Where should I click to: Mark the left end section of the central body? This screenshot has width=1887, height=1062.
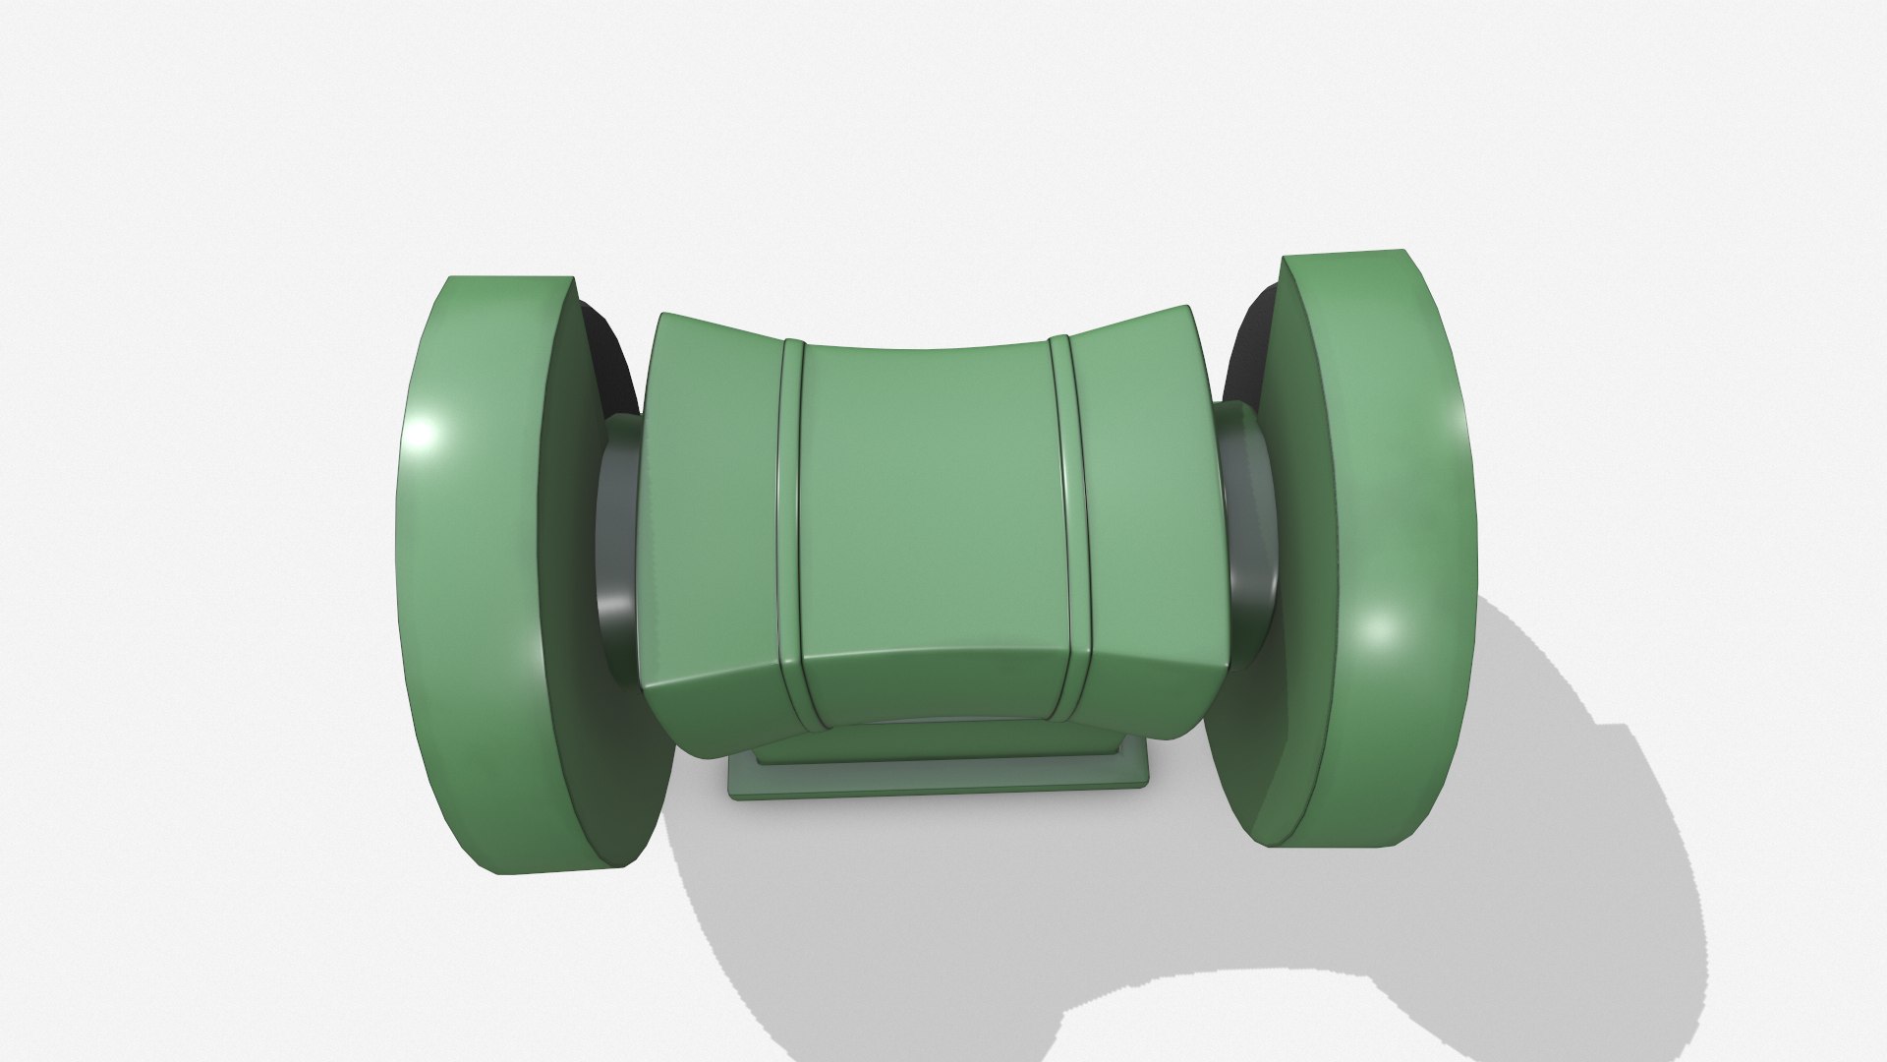click(x=713, y=511)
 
